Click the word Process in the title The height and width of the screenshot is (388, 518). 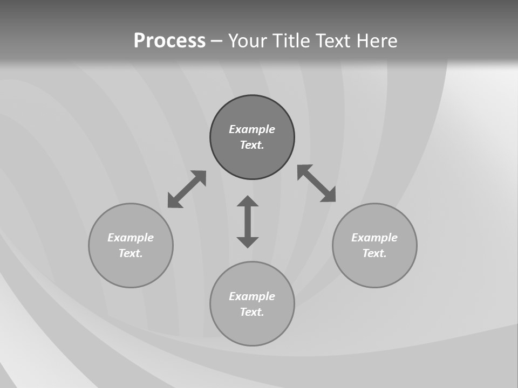click(x=169, y=41)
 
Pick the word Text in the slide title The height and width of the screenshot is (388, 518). click(x=333, y=41)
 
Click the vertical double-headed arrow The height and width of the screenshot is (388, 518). click(x=248, y=221)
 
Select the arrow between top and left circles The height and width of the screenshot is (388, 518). click(x=187, y=189)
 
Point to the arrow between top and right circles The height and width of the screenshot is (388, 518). click(x=317, y=183)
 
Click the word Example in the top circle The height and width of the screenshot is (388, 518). click(x=252, y=129)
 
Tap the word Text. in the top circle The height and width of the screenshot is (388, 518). click(x=252, y=145)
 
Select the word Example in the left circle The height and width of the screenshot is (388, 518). click(x=131, y=238)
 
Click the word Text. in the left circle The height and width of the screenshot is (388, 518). click(x=131, y=253)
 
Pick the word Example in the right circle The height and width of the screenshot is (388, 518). click(x=374, y=238)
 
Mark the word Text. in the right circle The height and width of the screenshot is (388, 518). click(x=374, y=253)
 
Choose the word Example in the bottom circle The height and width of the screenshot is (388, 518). click(x=252, y=296)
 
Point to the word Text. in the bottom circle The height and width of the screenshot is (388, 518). click(x=252, y=312)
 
